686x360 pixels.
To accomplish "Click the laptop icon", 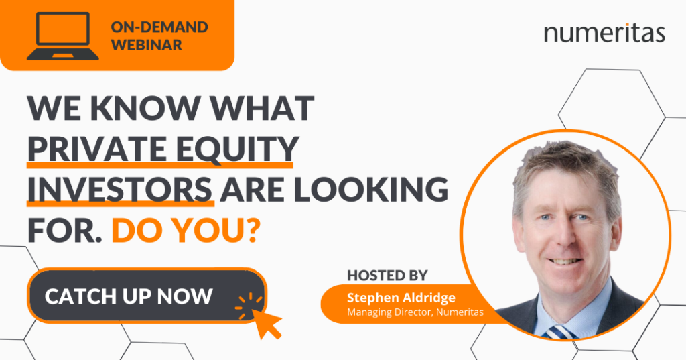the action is pos(62,36).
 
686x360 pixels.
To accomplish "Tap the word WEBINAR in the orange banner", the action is pos(147,45).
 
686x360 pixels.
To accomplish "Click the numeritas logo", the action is pos(604,34).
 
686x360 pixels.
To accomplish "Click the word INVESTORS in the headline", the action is pos(120,190).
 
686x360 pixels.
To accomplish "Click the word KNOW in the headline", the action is pos(145,108).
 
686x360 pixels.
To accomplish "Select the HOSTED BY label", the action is pos(387,275).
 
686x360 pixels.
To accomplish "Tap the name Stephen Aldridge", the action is pos(401,298).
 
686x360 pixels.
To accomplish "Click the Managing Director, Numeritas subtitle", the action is pos(415,312).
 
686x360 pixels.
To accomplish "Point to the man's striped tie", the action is pos(559,333).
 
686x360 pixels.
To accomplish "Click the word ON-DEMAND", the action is pos(159,27).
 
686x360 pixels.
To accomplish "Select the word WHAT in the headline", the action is pos(262,108).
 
